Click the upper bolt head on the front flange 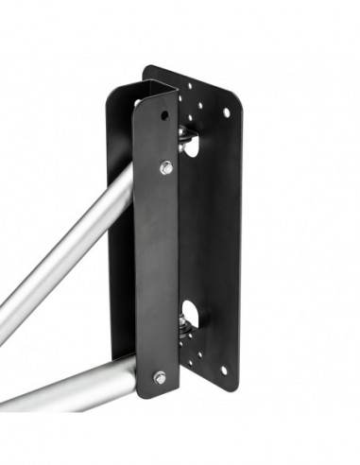coord(166,167)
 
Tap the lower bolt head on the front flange coord(160,377)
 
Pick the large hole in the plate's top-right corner coord(226,112)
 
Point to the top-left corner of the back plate coord(146,69)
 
